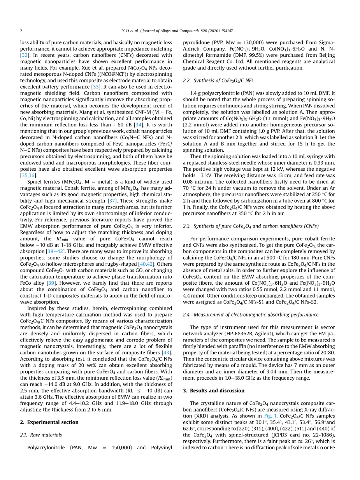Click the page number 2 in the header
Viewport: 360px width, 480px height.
tap(21, 31)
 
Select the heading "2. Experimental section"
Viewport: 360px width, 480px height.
tap(49, 422)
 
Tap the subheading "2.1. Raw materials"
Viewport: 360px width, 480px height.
tap(41, 435)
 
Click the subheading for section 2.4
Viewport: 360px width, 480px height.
tap(251, 314)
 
